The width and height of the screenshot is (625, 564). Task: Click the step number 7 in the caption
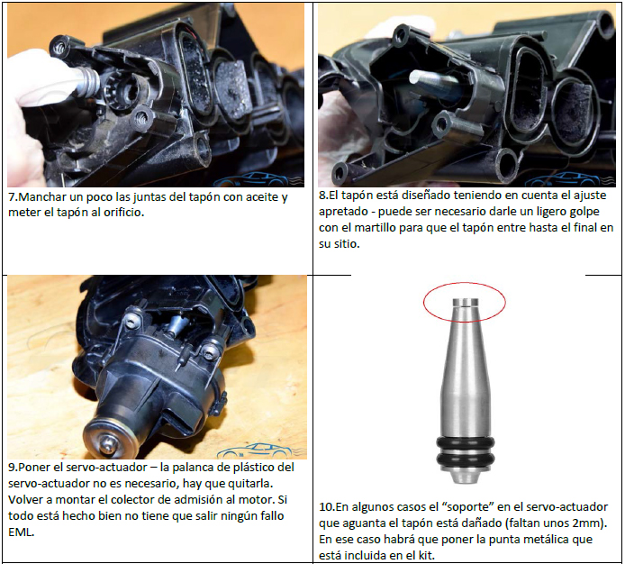click(x=12, y=197)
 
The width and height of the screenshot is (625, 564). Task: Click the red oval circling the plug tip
click(x=465, y=282)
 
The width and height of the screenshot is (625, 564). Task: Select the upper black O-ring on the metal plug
click(x=466, y=443)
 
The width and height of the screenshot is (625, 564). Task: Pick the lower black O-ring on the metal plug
click(x=466, y=458)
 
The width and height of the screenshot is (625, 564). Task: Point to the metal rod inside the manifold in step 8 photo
click(x=435, y=85)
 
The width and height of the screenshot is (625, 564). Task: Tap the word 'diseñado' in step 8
click(x=417, y=196)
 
